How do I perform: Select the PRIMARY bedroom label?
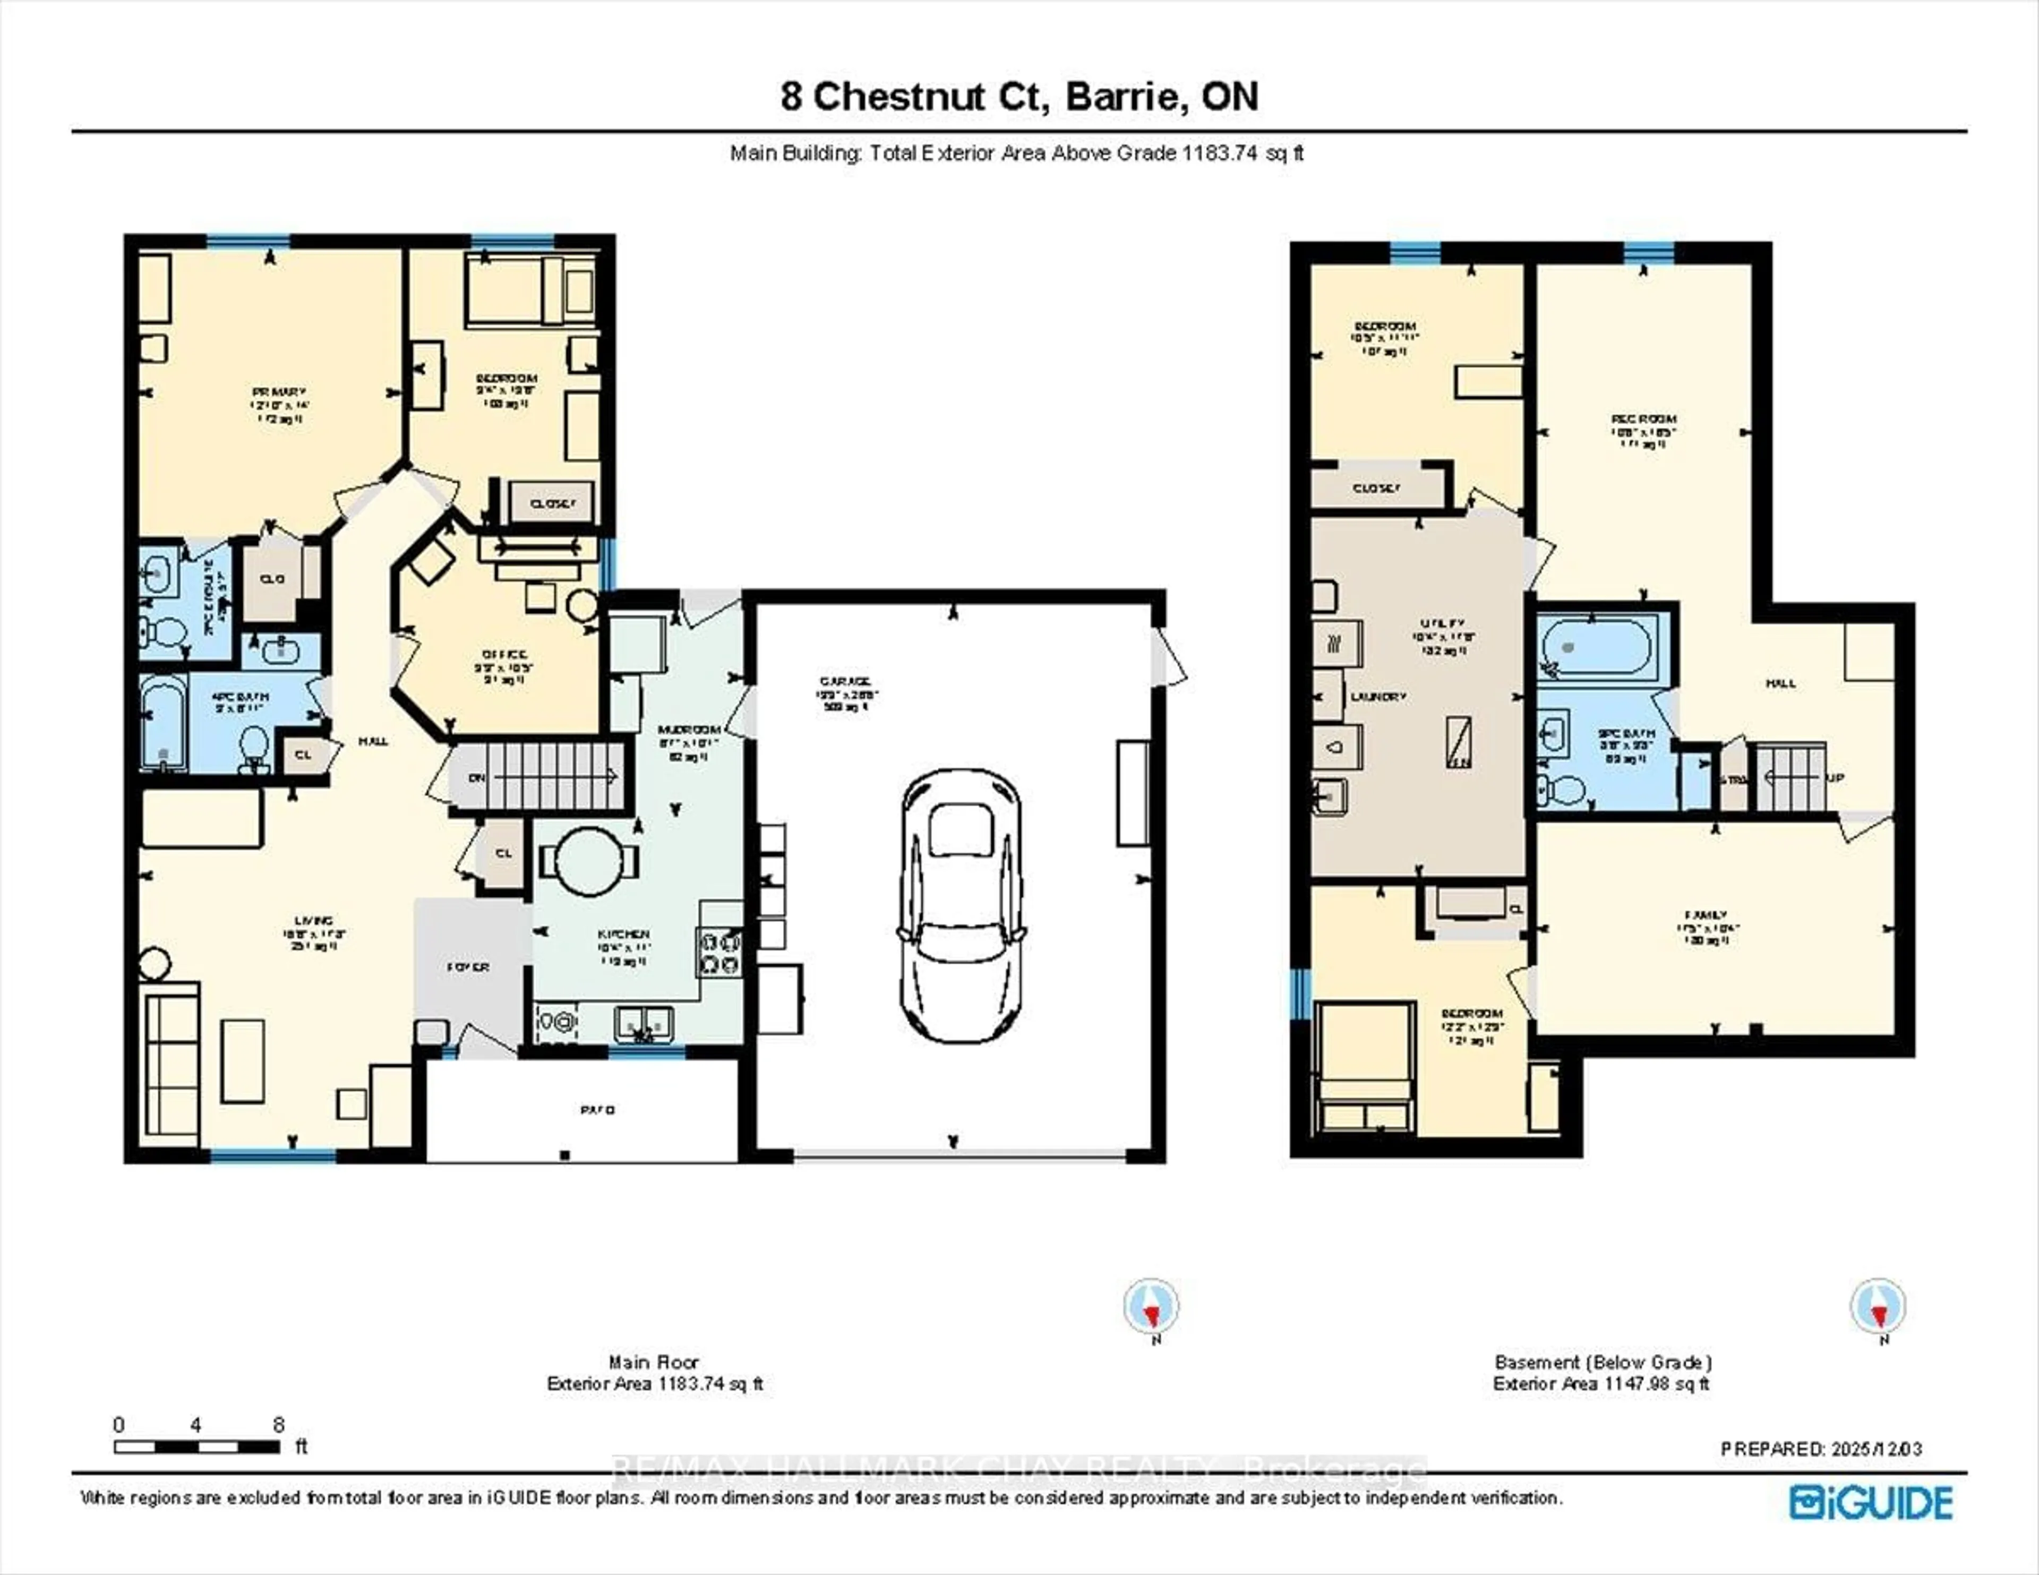278,392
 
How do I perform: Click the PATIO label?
597,1110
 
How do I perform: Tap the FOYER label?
468,967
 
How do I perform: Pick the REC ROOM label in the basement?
1643,419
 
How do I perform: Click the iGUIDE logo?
1871,1502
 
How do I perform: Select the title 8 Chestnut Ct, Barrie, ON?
1019,97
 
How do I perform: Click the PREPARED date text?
1821,1449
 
